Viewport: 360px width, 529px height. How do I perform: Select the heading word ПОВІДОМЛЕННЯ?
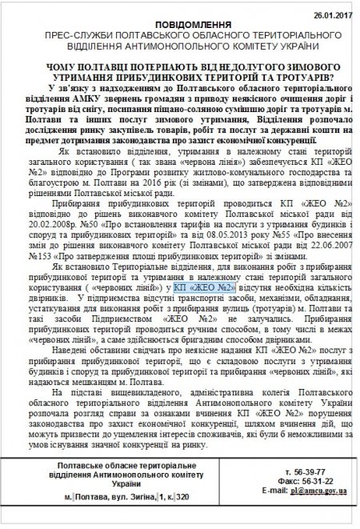[x=179, y=14]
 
